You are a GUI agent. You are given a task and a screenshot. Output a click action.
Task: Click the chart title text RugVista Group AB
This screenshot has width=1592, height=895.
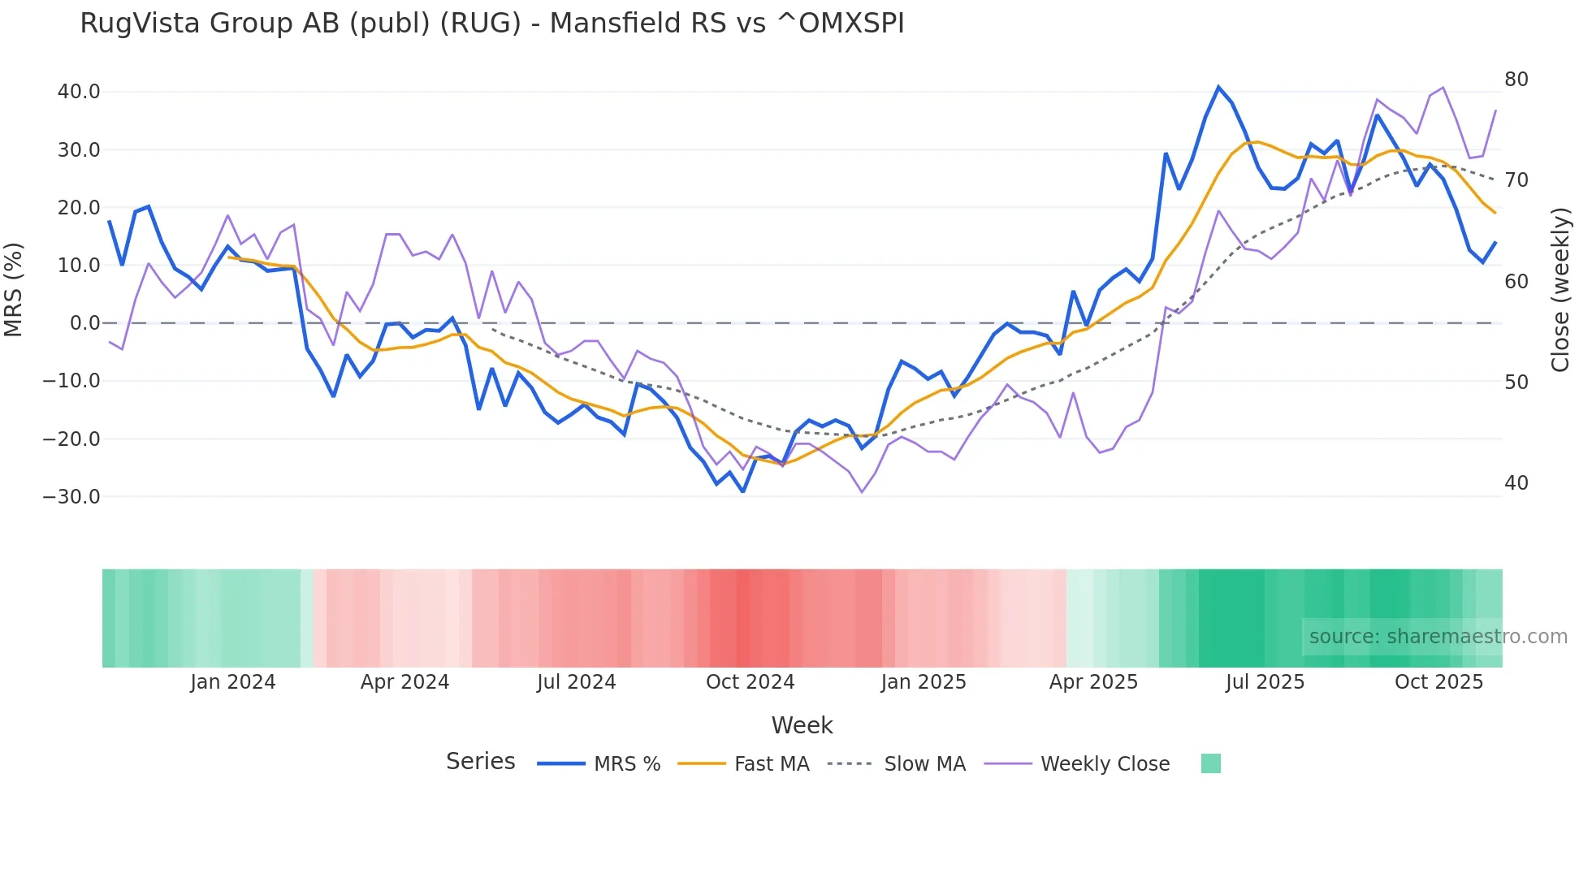491,24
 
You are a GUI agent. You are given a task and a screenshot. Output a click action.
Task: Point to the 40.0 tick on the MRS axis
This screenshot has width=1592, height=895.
79,92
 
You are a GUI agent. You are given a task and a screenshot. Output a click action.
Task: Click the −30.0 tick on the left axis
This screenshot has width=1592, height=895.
71,497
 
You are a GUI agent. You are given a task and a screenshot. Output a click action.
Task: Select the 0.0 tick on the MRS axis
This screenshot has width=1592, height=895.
85,323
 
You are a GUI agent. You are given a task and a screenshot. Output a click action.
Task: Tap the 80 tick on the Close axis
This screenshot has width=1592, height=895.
1516,80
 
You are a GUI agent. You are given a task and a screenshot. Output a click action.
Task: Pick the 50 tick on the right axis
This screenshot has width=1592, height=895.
1516,383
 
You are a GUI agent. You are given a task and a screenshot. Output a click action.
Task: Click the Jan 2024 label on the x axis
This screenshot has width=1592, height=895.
233,682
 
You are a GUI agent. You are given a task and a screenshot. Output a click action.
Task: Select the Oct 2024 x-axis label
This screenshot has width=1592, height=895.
750,682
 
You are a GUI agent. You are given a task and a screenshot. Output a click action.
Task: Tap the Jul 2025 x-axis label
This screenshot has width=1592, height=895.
1265,682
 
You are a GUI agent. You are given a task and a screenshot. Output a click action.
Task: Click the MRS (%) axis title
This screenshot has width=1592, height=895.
14,289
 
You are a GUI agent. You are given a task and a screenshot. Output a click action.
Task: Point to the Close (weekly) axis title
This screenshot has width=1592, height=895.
1560,289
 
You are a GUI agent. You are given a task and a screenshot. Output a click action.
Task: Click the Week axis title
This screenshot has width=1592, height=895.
802,725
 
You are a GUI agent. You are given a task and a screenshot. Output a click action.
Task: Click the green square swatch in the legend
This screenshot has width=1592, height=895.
1210,764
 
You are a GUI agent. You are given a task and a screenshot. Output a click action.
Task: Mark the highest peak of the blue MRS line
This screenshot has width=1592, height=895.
1218,87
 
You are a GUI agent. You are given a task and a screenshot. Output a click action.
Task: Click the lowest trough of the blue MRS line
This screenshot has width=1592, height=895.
742,491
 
